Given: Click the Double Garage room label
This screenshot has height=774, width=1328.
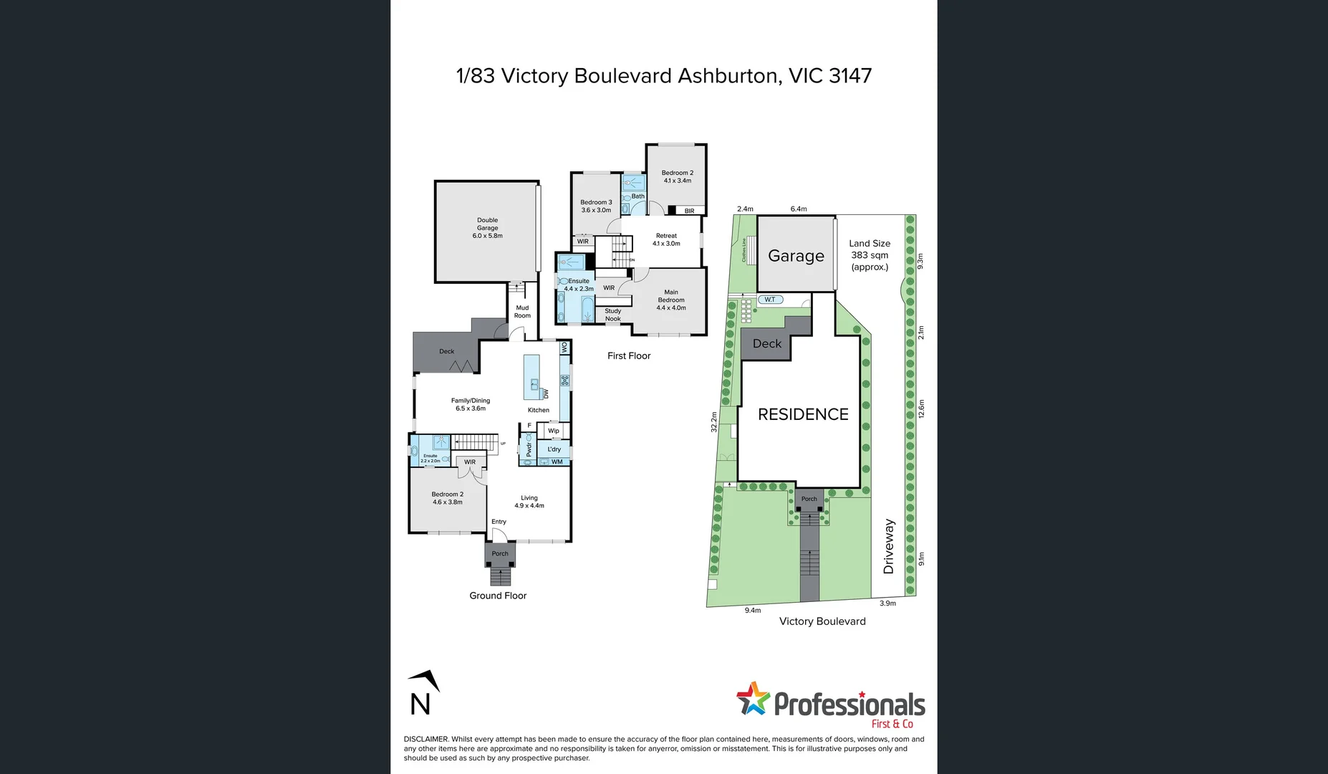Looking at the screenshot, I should (487, 228).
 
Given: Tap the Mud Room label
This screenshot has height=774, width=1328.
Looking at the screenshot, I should (522, 312).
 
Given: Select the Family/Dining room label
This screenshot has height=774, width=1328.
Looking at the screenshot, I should (471, 405).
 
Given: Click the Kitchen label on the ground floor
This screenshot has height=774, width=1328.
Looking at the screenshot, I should (539, 411).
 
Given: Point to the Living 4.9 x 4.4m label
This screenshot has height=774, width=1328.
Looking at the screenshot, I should (529, 502).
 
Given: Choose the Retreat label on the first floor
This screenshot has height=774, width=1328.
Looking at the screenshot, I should (666, 239).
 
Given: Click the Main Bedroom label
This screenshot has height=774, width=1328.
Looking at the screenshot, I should (671, 300).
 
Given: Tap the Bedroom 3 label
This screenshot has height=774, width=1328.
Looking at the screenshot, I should (596, 206).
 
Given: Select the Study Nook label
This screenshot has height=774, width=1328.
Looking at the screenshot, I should (613, 315).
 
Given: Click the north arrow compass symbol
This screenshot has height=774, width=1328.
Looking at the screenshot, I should (423, 693).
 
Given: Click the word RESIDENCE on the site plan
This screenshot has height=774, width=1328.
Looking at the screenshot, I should (803, 414).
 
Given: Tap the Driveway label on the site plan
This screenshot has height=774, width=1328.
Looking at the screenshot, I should (889, 546).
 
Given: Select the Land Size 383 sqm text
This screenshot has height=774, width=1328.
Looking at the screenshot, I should (870, 255).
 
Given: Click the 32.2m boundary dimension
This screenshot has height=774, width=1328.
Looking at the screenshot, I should (713, 421).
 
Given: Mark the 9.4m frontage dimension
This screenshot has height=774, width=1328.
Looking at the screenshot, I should (752, 611).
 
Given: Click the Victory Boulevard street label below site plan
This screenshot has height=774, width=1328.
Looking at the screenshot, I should (822, 621).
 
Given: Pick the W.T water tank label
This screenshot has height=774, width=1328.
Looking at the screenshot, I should (770, 300).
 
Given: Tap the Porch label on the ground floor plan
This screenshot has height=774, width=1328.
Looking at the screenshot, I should (500, 554).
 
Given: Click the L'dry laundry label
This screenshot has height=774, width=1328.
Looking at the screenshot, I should (554, 449).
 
